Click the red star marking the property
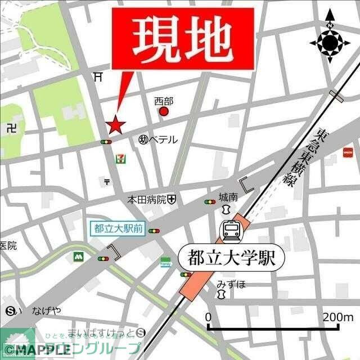[x=115, y=125]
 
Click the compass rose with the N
[x=330, y=42]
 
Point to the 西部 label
[x=164, y=101]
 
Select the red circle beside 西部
[x=164, y=111]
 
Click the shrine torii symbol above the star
[x=99, y=76]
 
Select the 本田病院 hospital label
[x=146, y=199]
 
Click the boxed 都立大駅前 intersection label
[x=119, y=229]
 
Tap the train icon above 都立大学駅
[x=231, y=229]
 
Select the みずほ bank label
[x=231, y=284]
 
